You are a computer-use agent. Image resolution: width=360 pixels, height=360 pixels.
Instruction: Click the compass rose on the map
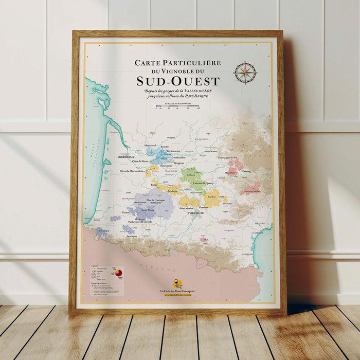point(245,73)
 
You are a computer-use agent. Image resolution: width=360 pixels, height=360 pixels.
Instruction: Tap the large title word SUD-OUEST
point(178,81)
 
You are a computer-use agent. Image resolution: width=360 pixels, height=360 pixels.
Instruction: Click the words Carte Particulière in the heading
point(178,62)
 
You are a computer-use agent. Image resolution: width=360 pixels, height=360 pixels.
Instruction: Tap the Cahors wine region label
point(191,174)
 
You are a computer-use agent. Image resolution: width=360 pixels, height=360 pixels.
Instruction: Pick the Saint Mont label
point(148,209)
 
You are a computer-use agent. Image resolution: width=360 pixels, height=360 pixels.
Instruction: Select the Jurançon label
point(132,236)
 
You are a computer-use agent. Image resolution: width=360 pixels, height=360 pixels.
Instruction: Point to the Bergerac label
point(179,162)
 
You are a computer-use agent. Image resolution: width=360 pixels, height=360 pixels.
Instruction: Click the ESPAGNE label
point(167,269)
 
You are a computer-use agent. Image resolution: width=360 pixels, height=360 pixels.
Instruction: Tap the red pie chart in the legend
point(118,271)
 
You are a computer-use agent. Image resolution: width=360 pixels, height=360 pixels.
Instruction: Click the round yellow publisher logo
point(178,283)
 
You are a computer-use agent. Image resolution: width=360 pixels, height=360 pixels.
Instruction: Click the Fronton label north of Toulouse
point(203,207)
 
